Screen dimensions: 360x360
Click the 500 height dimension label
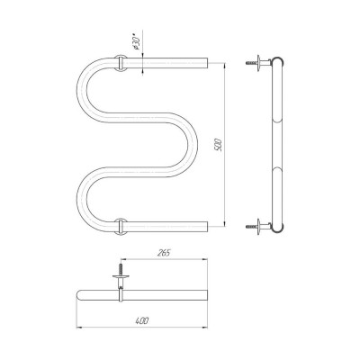tap(219, 145)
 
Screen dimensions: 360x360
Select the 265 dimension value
tap(164, 253)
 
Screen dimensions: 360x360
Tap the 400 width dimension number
tap(142, 320)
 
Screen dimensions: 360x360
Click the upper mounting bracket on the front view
tap(121, 63)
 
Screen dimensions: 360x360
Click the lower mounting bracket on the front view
tap(121, 226)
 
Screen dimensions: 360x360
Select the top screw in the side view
tap(249, 63)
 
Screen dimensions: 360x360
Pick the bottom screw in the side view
tap(249, 226)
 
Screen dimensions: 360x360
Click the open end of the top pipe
tap(207, 63)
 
